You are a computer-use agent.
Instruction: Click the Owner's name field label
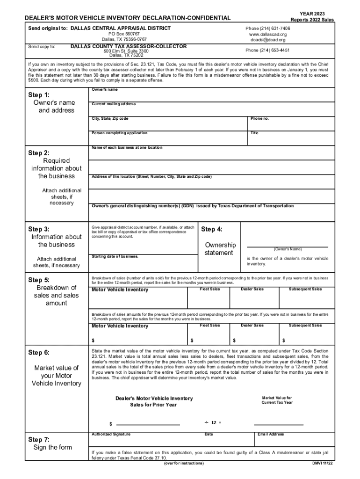click(x=104, y=89)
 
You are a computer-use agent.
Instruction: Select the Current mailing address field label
click(x=114, y=104)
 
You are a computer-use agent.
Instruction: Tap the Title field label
click(x=254, y=133)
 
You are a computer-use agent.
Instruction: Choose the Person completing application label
click(x=119, y=133)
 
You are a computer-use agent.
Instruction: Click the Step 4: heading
click(x=212, y=229)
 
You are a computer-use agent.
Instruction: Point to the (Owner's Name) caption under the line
click(x=288, y=249)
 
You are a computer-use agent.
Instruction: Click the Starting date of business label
click(x=115, y=256)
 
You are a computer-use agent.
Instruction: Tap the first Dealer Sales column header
click(x=252, y=289)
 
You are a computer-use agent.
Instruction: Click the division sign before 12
click(x=206, y=422)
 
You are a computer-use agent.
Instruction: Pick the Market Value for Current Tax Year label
click(x=277, y=400)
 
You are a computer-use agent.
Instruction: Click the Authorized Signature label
click(x=111, y=434)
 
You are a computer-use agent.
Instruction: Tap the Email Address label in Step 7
click(x=270, y=434)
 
